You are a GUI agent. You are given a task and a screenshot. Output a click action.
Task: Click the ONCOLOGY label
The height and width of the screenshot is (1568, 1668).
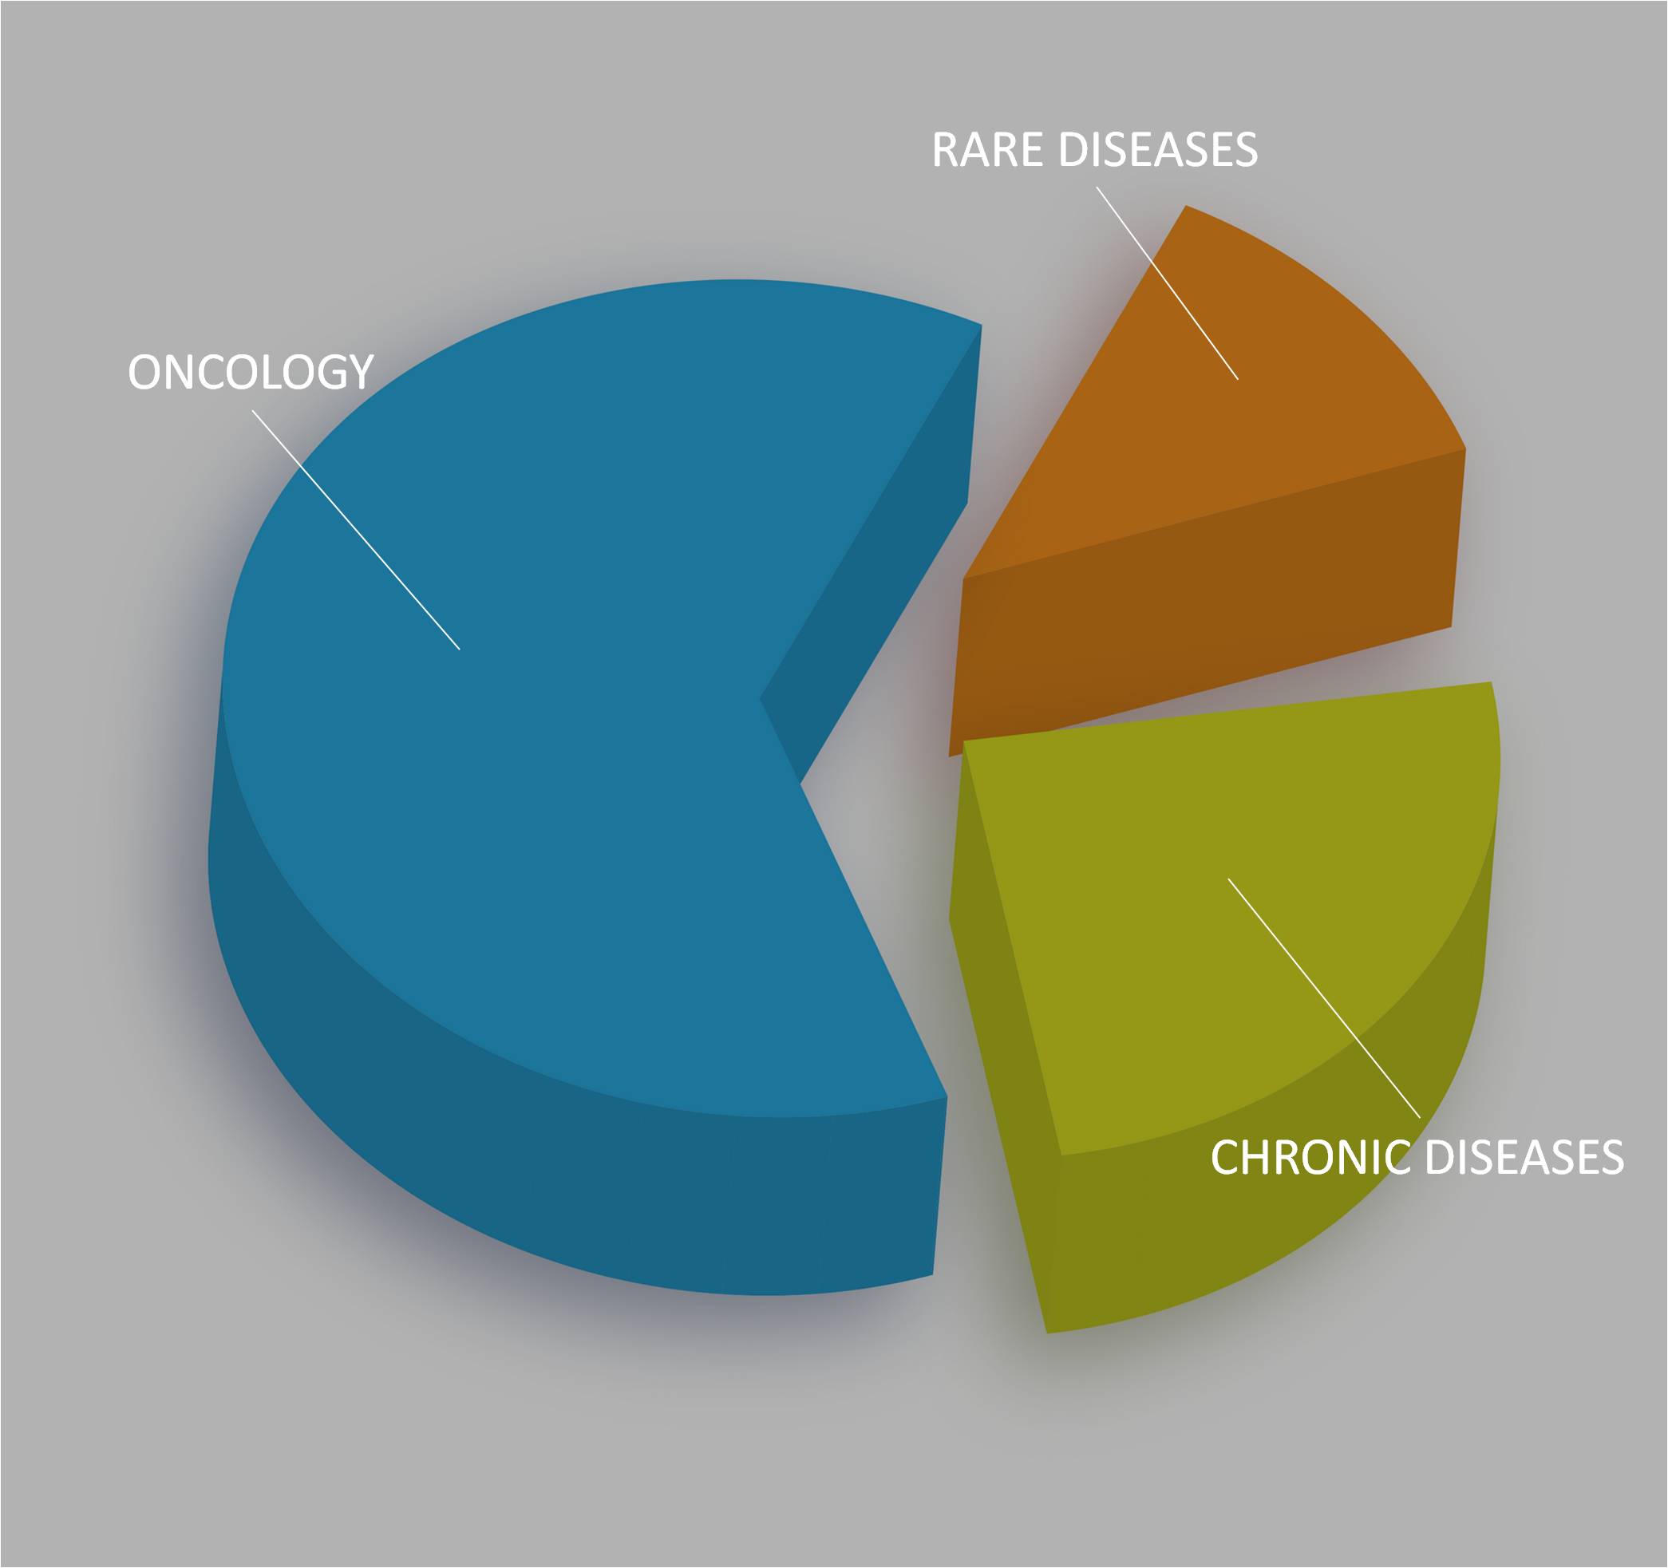pyautogui.click(x=250, y=372)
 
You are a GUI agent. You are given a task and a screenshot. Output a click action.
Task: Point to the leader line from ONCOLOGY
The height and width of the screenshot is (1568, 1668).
pyautogui.click(x=356, y=529)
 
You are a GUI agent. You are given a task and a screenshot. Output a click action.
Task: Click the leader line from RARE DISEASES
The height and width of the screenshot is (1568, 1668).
pyautogui.click(x=1167, y=282)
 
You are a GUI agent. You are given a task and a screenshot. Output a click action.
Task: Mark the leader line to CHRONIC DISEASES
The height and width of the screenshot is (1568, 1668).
pyautogui.click(x=1324, y=997)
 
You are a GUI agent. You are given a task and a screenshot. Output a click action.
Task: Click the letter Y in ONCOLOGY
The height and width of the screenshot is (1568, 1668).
pyautogui.click(x=358, y=372)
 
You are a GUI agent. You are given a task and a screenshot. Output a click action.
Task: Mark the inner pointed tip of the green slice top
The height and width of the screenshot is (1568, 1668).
pyautogui.click(x=964, y=741)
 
